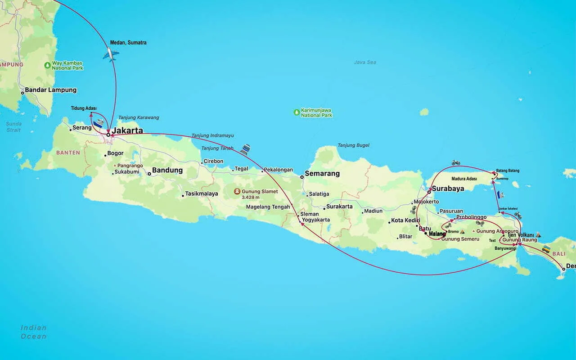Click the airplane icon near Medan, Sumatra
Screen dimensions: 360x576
point(111,55)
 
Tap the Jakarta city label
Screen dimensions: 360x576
point(127,131)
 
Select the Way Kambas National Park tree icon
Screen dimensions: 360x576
point(48,65)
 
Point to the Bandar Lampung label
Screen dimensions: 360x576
point(50,90)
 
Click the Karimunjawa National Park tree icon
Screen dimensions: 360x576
point(297,112)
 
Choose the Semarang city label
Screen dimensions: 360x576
point(322,174)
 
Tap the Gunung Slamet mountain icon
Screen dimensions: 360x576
point(237,191)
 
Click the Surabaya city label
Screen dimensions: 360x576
point(447,189)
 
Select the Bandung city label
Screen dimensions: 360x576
point(167,171)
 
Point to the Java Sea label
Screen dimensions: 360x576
point(365,62)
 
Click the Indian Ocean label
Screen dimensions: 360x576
point(33,332)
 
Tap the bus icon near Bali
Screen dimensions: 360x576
point(546,249)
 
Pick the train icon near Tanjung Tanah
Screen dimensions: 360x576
point(245,149)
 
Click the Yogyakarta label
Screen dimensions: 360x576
point(315,220)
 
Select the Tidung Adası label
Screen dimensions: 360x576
point(84,108)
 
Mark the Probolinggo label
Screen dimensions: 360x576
point(471,217)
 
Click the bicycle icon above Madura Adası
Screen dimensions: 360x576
point(456,163)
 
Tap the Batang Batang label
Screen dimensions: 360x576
point(508,171)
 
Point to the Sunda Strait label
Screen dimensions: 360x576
point(13,126)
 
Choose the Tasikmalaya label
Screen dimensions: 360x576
point(201,194)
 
